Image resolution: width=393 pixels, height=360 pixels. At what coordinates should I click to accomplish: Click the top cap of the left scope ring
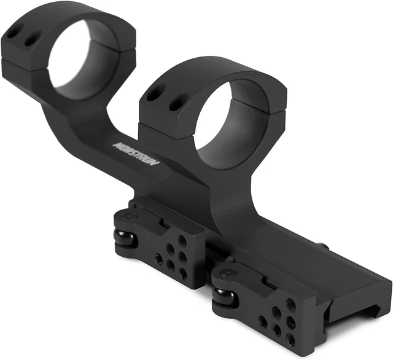[x=68, y=15]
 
